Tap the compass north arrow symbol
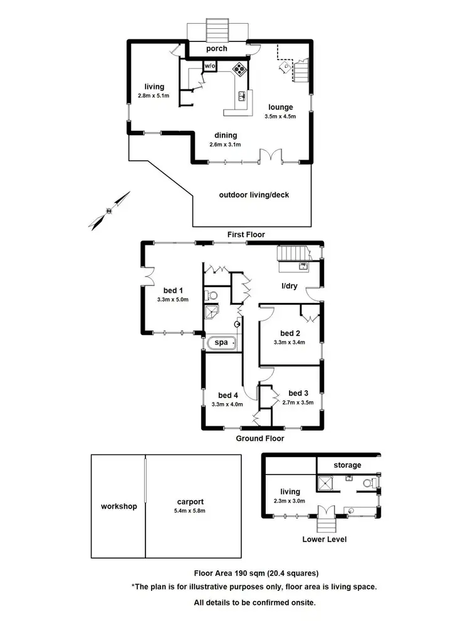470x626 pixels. click(x=110, y=210)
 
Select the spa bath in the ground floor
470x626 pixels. click(x=221, y=343)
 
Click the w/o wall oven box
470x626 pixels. click(x=209, y=66)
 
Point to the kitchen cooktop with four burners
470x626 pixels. click(x=239, y=70)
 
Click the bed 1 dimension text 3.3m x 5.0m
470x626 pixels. click(x=174, y=299)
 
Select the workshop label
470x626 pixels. click(x=118, y=506)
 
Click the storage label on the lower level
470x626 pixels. click(x=347, y=465)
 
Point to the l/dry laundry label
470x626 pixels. click(x=289, y=286)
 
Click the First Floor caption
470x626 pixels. click(x=246, y=235)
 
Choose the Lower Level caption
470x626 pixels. click(x=325, y=539)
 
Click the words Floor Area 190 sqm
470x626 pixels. click(x=232, y=573)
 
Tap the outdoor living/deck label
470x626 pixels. click(x=254, y=195)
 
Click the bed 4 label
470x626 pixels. click(x=228, y=395)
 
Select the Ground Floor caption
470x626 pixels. click(x=260, y=438)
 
